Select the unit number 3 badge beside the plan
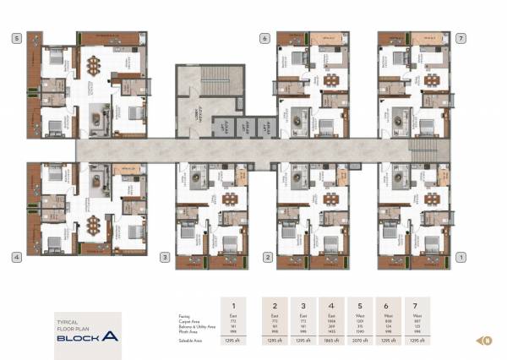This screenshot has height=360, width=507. pyautogui.click(x=165, y=256)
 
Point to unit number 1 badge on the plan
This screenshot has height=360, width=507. pyautogui.click(x=461, y=256)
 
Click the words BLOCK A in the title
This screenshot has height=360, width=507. pyautogui.click(x=88, y=337)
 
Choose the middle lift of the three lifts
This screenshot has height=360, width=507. pyautogui.click(x=243, y=127)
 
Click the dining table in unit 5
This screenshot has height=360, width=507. pyautogui.click(x=92, y=65)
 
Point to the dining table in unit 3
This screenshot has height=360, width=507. pyautogui.click(x=230, y=199)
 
